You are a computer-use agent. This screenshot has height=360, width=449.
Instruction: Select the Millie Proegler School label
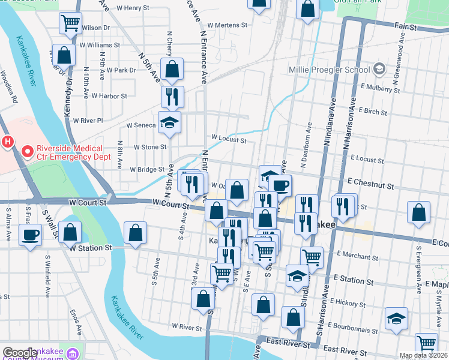(328, 70)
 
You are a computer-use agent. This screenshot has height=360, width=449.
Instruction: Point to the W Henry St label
(133, 8)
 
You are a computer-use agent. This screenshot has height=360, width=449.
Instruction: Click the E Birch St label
(373, 111)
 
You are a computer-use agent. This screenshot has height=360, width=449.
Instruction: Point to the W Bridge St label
(146, 169)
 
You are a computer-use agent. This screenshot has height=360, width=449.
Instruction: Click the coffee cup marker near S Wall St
(30, 235)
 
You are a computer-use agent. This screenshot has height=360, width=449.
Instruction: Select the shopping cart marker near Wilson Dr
(70, 23)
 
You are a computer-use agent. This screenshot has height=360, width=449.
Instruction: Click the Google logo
(20, 353)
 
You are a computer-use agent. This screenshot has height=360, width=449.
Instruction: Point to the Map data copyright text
(424, 356)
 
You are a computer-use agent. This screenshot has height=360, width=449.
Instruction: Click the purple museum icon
(73, 353)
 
